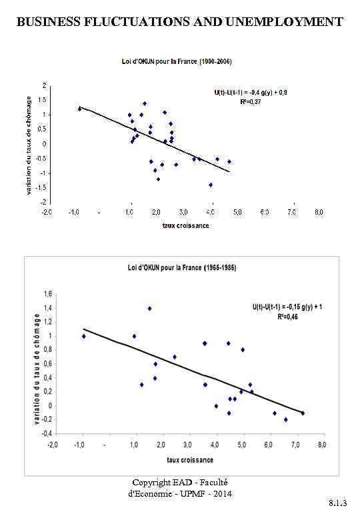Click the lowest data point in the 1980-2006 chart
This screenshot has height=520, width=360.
pyautogui.click(x=211, y=185)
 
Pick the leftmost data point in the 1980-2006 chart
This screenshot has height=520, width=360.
pyautogui.click(x=79, y=108)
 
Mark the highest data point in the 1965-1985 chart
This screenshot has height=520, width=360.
pyautogui.click(x=150, y=308)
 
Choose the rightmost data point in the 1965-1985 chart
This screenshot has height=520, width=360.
pyautogui.click(x=303, y=413)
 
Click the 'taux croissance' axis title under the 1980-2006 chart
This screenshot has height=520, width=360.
pyautogui.click(x=186, y=225)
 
